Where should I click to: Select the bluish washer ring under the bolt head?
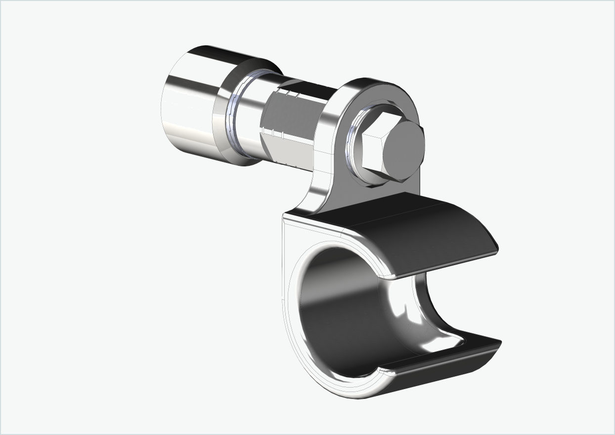click(x=352, y=148)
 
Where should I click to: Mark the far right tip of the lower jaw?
click(x=499, y=342)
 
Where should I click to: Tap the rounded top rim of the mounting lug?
click(x=376, y=84)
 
